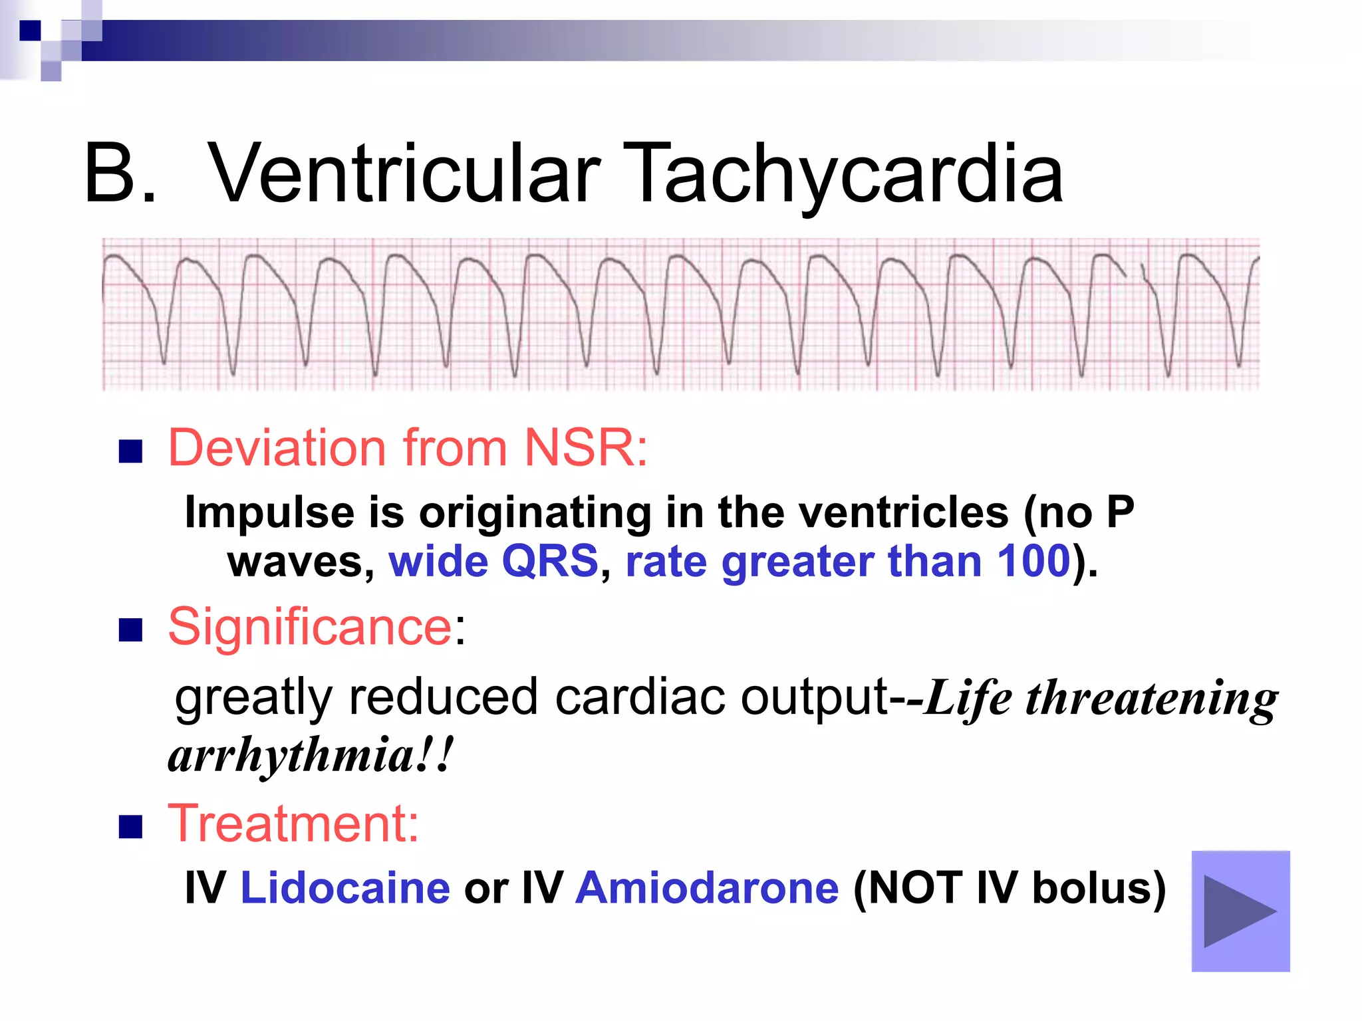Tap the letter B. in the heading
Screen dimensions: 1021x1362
point(120,174)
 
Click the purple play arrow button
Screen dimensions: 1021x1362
point(1240,911)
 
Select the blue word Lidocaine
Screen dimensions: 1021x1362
point(344,888)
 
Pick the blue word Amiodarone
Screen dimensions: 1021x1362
point(706,888)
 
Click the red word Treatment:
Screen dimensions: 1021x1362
point(293,824)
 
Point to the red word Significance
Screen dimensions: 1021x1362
point(310,627)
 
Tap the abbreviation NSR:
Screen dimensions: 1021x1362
point(585,448)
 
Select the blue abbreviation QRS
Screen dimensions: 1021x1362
point(549,561)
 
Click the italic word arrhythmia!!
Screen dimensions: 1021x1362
point(310,756)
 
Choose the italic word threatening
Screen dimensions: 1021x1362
point(1151,698)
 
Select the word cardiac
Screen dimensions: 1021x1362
point(639,698)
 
